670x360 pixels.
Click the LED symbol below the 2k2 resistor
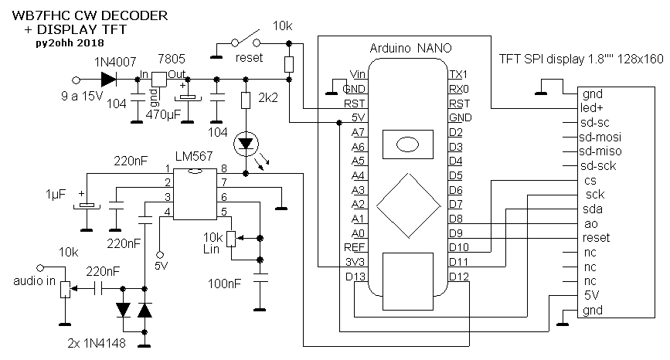247,143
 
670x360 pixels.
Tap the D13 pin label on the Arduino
355,277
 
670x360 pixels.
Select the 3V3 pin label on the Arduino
355,262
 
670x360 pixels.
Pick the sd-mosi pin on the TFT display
605,137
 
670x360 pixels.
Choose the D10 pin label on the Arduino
458,247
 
